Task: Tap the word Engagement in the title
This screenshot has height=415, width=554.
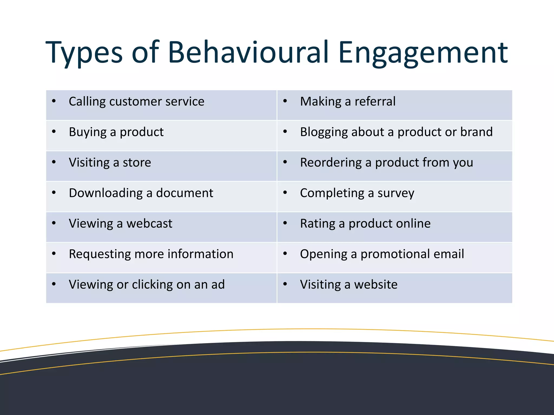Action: tap(423, 53)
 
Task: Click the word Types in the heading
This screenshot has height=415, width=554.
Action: tap(84, 53)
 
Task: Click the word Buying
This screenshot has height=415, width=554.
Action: tap(88, 132)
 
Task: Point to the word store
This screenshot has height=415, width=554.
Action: tap(137, 163)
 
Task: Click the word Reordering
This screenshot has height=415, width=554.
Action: tap(331, 163)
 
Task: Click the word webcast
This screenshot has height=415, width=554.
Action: tap(149, 224)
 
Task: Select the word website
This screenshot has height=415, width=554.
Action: tap(376, 285)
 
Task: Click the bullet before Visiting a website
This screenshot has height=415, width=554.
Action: tap(285, 284)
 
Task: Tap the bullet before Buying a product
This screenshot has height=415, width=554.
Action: tap(54, 132)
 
